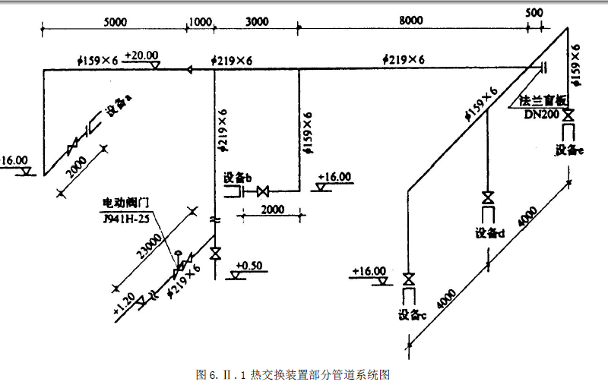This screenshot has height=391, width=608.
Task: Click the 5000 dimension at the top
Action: pyautogui.click(x=112, y=22)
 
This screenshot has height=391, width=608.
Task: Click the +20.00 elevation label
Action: pyautogui.click(x=142, y=55)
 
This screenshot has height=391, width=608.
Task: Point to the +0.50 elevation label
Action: pyautogui.click(x=249, y=265)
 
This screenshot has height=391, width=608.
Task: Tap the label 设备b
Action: pyautogui.click(x=237, y=177)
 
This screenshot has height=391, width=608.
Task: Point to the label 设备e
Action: pyautogui.click(x=568, y=150)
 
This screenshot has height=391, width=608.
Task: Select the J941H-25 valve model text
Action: pyautogui.click(x=125, y=218)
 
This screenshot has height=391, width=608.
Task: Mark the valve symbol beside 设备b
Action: pyautogui.click(x=263, y=191)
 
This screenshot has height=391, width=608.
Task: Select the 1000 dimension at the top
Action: pyautogui.click(x=200, y=22)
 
